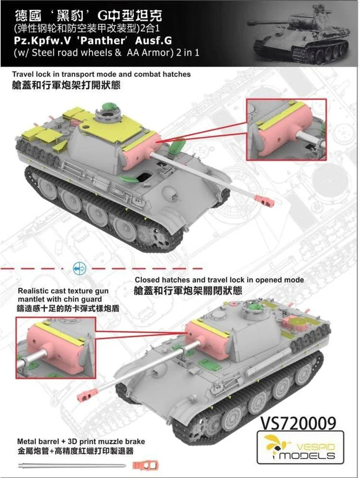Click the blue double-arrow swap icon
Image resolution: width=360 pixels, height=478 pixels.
point(79,269)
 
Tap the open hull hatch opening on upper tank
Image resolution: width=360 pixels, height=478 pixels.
point(145,176)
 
